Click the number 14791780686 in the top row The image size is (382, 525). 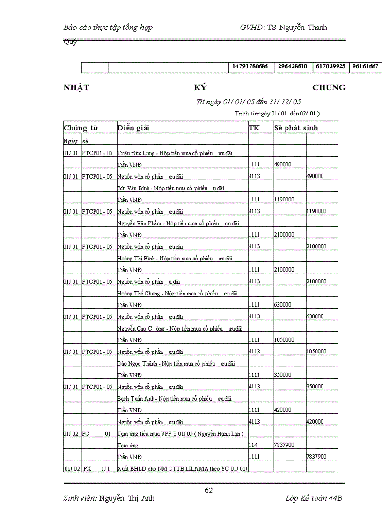250,66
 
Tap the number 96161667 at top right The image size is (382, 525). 365,66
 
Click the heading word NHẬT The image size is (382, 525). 76,87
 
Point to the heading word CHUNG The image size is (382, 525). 329,87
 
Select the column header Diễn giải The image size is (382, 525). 133,128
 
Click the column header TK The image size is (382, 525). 254,128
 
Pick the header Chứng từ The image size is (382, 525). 81,128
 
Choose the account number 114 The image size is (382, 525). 253,445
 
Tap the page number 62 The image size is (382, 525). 209,490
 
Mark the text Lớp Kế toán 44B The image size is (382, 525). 314,498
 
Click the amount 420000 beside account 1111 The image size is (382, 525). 283,410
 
